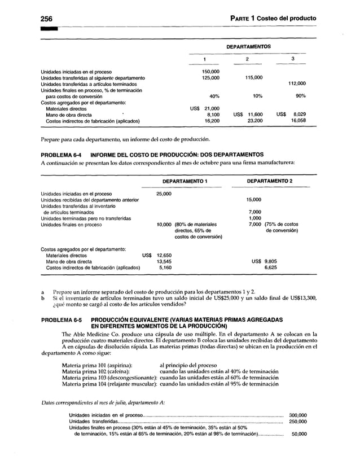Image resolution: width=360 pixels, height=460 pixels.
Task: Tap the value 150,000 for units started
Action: click(210, 72)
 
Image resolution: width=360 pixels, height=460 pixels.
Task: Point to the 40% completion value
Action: click(214, 96)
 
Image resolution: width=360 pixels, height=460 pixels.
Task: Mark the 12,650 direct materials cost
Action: click(164, 255)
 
